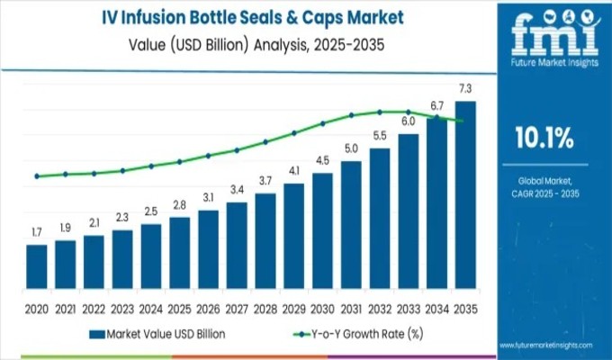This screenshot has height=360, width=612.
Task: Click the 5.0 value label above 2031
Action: pyautogui.click(x=351, y=148)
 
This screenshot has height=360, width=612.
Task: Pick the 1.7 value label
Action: pyautogui.click(x=37, y=233)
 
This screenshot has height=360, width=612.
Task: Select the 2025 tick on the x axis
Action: pyautogui.click(x=179, y=307)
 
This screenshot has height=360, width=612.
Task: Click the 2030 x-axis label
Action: pyautogui.click(x=322, y=307)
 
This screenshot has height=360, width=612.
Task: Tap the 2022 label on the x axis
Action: pyautogui.click(x=94, y=307)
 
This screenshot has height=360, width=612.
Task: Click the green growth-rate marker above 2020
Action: pyautogui.click(x=37, y=176)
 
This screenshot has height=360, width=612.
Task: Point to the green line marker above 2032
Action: pyautogui.click(x=380, y=112)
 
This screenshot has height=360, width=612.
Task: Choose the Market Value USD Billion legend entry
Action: pyautogui.click(x=157, y=334)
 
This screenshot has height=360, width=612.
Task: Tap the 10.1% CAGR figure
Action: pyautogui.click(x=544, y=138)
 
